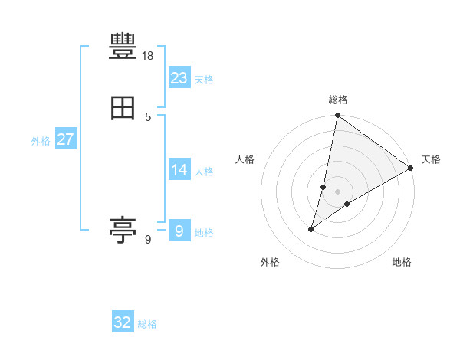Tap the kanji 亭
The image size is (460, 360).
[x=123, y=229]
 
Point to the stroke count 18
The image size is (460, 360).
[x=148, y=56]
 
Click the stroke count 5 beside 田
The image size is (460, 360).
[x=148, y=116]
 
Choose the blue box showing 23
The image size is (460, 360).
[x=179, y=77]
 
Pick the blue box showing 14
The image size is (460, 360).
[x=179, y=169]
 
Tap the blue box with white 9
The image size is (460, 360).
[x=179, y=231]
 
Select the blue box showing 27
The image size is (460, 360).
[x=65, y=139]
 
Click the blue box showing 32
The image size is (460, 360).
[x=123, y=322]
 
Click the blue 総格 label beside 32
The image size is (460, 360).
[x=147, y=324]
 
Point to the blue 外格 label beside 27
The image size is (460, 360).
[x=41, y=141]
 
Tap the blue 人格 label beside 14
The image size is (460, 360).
[x=204, y=172]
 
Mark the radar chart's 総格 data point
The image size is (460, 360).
[x=337, y=116]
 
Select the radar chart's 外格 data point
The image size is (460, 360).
[x=311, y=228]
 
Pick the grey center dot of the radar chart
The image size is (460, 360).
[x=337, y=191]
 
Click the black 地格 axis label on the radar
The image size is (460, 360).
[x=402, y=263]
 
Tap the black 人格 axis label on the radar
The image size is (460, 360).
[x=245, y=159]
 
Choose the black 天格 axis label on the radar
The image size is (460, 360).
[x=431, y=159]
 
